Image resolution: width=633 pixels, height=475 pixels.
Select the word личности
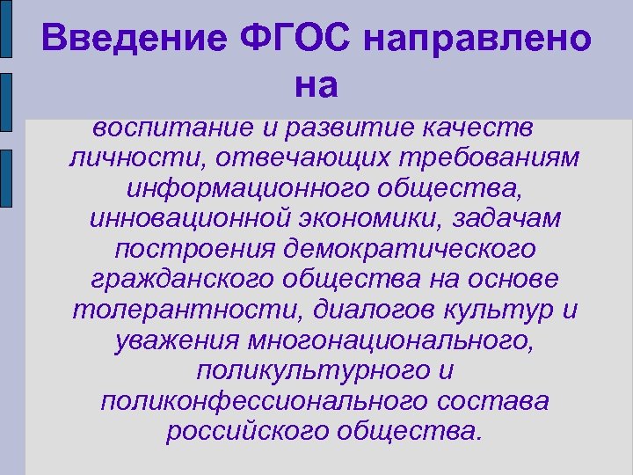click(128, 159)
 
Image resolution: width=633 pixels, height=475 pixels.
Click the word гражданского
click(186, 280)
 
